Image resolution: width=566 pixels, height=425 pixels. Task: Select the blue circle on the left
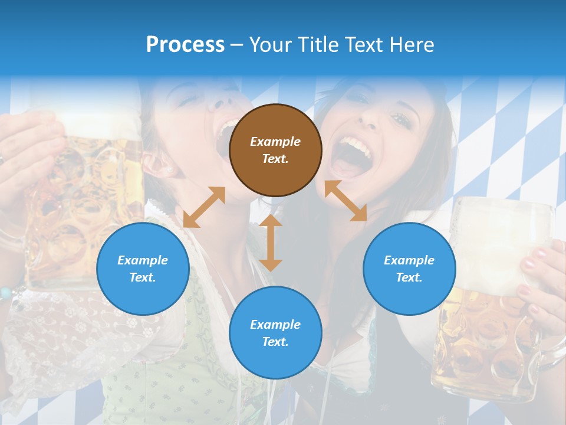tap(143, 269)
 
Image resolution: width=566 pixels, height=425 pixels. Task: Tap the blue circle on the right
tap(409, 269)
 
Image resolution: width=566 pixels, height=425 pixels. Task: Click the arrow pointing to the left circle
tap(204, 207)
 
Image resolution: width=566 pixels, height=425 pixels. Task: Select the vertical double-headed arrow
tap(271, 243)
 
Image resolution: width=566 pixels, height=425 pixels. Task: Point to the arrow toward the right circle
tap(346, 201)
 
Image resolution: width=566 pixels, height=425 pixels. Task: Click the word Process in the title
tap(185, 45)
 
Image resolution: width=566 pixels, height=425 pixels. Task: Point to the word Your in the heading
tap(272, 45)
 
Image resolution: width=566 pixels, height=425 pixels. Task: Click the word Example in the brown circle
tap(275, 142)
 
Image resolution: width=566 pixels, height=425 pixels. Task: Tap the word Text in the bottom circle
tap(275, 342)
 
